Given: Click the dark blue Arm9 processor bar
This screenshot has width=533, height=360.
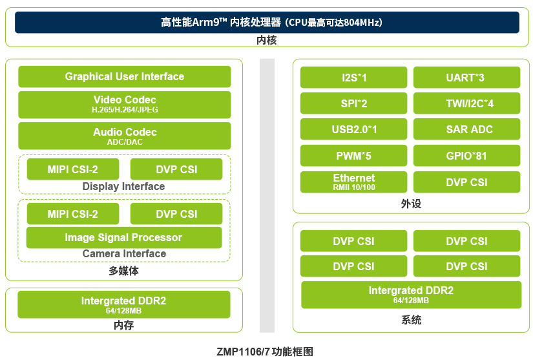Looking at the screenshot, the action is (x=267, y=23).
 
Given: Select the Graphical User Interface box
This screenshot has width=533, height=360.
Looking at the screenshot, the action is (x=125, y=76).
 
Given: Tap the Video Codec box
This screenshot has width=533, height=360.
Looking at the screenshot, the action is (x=125, y=104).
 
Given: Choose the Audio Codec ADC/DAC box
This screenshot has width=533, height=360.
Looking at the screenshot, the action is (x=125, y=136).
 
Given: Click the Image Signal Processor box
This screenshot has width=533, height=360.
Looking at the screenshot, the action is (x=124, y=237).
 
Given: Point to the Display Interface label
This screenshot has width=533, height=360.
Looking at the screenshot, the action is (x=123, y=186).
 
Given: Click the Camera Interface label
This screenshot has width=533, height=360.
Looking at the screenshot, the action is (x=124, y=253).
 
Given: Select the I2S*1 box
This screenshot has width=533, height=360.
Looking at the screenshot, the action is (x=353, y=78).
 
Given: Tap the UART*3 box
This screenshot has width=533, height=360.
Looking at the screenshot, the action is (x=466, y=78).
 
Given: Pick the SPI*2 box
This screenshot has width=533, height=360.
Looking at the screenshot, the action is (x=353, y=103).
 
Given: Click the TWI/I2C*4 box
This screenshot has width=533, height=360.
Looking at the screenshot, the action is (x=466, y=103).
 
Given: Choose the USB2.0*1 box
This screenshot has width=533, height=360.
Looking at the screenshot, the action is (x=353, y=129).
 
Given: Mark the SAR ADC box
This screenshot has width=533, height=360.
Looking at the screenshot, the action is (x=466, y=129).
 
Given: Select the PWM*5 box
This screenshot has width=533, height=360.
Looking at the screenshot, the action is (x=353, y=156).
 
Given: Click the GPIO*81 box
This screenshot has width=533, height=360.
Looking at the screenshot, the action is (x=466, y=156).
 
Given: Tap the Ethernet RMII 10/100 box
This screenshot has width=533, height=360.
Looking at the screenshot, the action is (x=353, y=182).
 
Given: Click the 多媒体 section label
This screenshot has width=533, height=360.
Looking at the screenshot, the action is (x=124, y=271).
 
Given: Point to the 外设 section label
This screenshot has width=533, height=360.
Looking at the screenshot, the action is (x=411, y=204).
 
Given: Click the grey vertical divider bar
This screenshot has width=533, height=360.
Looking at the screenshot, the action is (x=267, y=195).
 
